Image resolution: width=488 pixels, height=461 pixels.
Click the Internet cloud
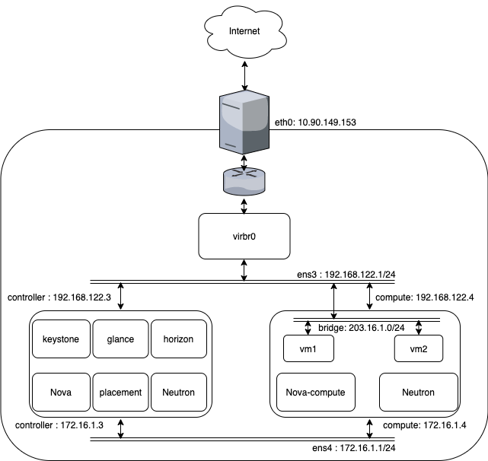(245, 32)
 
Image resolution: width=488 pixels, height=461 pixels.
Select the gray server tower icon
(244, 122)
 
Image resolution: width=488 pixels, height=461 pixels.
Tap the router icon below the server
(244, 182)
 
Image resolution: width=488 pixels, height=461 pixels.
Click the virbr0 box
(244, 236)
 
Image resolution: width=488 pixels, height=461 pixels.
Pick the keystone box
(61, 339)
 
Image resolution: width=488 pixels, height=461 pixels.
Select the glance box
(120, 339)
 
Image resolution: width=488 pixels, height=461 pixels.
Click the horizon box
(179, 339)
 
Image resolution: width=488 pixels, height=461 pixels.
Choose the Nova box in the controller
(61, 392)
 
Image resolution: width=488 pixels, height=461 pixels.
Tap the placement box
(120, 392)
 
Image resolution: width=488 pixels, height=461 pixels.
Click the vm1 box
(308, 348)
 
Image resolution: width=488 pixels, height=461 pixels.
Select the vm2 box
(419, 348)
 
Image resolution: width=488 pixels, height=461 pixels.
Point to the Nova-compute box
(316, 392)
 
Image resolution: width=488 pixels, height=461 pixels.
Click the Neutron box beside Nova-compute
(419, 392)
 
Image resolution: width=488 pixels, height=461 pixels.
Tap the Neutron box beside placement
(179, 392)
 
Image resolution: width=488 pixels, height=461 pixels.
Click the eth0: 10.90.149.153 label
(315, 122)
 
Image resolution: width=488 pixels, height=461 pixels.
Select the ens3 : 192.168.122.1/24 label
(346, 275)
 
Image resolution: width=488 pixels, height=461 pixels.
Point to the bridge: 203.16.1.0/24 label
(362, 328)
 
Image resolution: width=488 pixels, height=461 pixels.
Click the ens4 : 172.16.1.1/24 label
(354, 447)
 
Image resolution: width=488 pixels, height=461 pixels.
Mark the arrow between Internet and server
(245, 75)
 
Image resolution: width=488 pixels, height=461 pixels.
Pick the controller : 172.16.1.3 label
(59, 425)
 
